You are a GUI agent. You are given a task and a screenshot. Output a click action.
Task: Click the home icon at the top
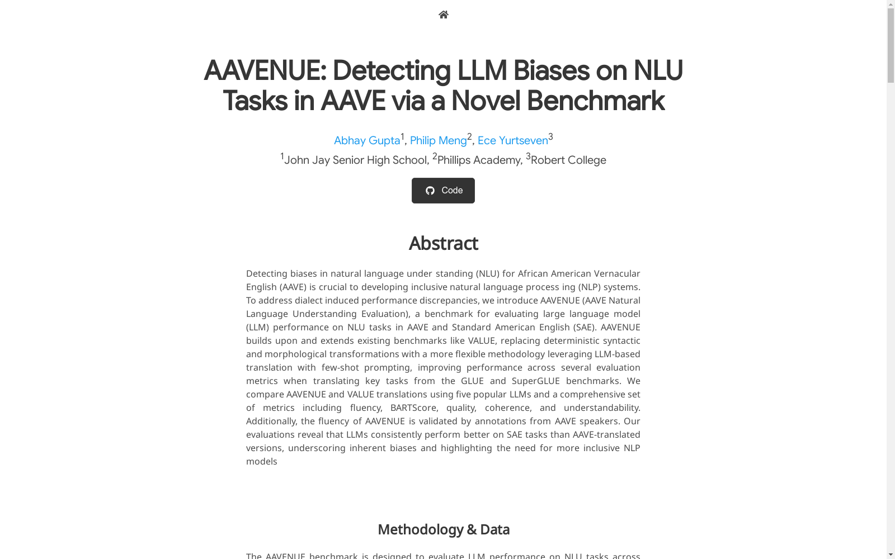pyautogui.click(x=443, y=15)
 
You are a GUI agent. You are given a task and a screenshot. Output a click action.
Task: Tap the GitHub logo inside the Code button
pyautogui.click(x=430, y=191)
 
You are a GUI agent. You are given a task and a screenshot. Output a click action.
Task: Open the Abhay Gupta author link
pyautogui.click(x=367, y=140)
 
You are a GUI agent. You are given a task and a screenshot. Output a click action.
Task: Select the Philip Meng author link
pyautogui.click(x=438, y=140)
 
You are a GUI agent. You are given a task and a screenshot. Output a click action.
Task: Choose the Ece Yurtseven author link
pyautogui.click(x=512, y=140)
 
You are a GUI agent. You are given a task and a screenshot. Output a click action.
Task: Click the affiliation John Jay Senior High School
pyautogui.click(x=355, y=160)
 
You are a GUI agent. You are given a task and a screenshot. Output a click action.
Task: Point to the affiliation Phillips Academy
pyautogui.click(x=479, y=160)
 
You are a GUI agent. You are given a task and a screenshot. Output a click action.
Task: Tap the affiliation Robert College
pyautogui.click(x=568, y=160)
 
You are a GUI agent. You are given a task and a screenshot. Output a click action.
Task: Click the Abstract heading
pyautogui.click(x=443, y=244)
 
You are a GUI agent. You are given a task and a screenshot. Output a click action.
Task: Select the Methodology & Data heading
pyautogui.click(x=443, y=529)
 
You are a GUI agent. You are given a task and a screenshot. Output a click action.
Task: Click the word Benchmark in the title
pyautogui.click(x=595, y=101)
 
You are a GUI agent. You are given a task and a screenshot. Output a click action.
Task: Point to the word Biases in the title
pyautogui.click(x=550, y=71)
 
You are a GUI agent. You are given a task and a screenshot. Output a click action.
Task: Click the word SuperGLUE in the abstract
pyautogui.click(x=535, y=381)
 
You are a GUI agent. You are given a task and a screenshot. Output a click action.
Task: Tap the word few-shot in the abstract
pyautogui.click(x=340, y=367)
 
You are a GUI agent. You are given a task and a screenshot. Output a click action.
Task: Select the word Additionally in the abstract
pyautogui.click(x=271, y=421)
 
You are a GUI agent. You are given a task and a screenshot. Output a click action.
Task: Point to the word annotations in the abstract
pyautogui.click(x=501, y=421)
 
